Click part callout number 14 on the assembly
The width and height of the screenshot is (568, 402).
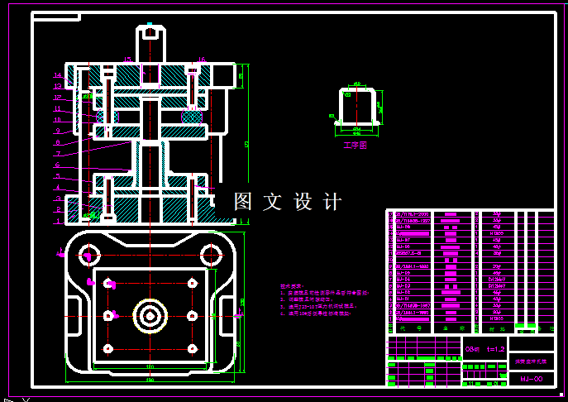[58, 75]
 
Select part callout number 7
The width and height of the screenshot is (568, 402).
[58, 154]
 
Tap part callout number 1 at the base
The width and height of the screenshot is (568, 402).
[58, 221]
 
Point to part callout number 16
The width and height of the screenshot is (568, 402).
[201, 60]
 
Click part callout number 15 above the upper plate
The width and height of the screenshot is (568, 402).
[128, 60]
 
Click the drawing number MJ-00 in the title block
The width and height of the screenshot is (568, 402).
[531, 379]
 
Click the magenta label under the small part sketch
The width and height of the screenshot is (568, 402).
[354, 145]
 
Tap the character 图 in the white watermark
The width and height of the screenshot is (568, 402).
[242, 201]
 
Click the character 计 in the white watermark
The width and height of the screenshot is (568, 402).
[332, 201]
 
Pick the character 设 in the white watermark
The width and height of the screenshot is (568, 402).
[303, 201]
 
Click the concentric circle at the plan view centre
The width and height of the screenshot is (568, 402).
[150, 315]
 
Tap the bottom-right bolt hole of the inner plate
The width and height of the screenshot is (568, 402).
[192, 348]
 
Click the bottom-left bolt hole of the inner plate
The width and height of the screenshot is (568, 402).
[107, 348]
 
